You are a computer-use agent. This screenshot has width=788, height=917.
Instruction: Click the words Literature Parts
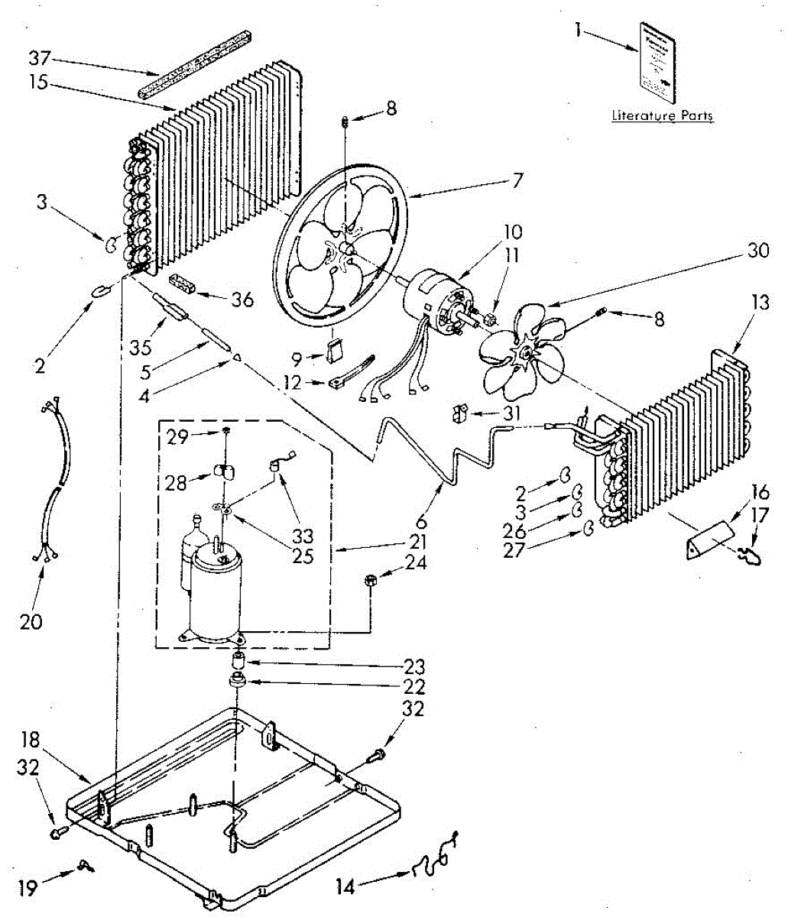click(x=662, y=116)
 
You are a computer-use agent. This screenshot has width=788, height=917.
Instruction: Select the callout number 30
click(x=758, y=250)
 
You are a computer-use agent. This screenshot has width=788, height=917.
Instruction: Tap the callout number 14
click(x=345, y=887)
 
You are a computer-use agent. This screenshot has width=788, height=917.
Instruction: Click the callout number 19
click(x=28, y=889)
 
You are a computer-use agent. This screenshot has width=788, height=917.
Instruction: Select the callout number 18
click(x=30, y=740)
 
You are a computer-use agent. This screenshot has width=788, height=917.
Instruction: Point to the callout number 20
click(x=31, y=621)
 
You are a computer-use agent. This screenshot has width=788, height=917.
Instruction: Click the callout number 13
click(x=739, y=303)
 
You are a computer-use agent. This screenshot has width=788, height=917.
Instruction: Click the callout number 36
click(x=242, y=299)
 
